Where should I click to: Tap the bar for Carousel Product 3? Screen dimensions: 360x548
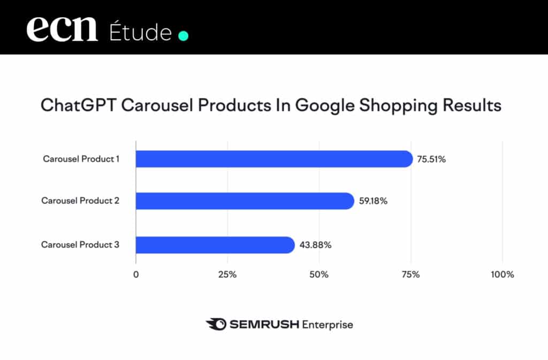point(215,245)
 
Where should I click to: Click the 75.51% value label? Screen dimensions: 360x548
point(431,159)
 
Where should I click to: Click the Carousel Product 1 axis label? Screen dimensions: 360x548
point(81,159)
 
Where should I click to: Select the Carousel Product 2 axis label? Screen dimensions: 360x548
point(80,201)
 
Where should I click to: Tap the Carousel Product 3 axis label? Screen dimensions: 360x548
point(80,245)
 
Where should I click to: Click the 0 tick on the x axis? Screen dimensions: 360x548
point(136,274)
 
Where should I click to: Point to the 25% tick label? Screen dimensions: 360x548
point(227,274)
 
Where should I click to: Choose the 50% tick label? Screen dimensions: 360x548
point(319,274)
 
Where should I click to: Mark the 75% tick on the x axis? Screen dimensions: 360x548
point(410,274)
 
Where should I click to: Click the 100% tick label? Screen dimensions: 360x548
point(502,274)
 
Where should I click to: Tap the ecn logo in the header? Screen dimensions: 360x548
point(63,29)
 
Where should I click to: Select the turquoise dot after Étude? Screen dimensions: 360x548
point(183,36)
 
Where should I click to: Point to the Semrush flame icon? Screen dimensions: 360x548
point(215,324)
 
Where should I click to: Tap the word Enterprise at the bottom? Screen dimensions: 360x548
point(327,324)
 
